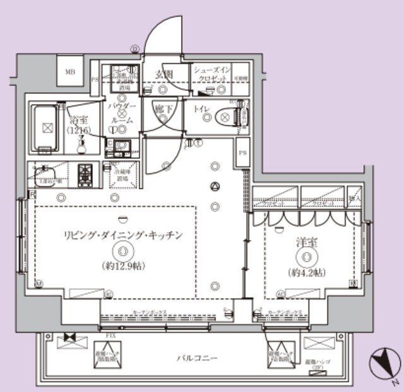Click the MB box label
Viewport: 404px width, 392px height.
pyautogui.click(x=69, y=71)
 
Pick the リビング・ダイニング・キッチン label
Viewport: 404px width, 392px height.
pyautogui.click(x=123, y=235)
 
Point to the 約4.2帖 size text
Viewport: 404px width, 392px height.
pyautogui.click(x=307, y=273)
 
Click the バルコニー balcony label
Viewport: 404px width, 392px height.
pyautogui.click(x=197, y=358)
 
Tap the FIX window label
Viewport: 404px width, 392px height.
pyautogui.click(x=110, y=335)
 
